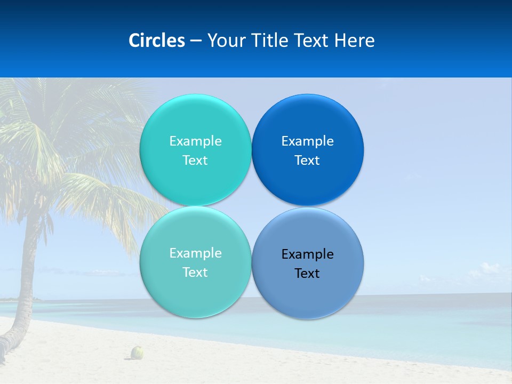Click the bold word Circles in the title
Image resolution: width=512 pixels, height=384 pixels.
click(x=157, y=41)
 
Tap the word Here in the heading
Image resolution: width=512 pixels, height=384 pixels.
click(x=354, y=41)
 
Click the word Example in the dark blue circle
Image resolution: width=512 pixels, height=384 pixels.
click(x=307, y=141)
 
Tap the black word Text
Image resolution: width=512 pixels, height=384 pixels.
click(x=307, y=274)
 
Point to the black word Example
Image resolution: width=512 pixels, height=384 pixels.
click(x=307, y=254)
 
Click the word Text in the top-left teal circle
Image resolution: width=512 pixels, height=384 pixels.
click(x=195, y=161)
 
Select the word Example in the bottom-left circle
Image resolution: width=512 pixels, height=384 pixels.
click(x=195, y=253)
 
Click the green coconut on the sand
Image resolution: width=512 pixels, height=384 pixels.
click(x=138, y=352)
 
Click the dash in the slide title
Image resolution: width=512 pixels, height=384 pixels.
click(x=196, y=41)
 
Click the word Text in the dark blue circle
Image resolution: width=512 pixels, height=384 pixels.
click(x=307, y=161)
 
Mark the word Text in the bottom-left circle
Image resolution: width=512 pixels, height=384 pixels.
click(x=195, y=273)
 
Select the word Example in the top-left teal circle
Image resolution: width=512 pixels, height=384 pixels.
click(x=195, y=141)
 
